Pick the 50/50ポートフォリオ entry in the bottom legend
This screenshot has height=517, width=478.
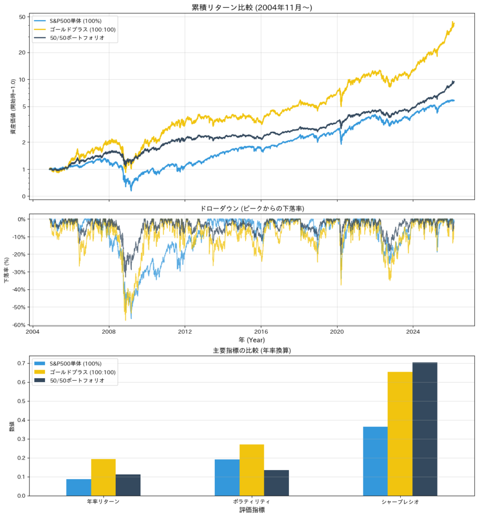[x=77, y=380]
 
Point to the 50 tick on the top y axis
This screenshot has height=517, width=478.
[x=22, y=17]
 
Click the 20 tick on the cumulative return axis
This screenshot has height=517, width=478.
[x=22, y=53]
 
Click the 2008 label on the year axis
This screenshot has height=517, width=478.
[x=109, y=332]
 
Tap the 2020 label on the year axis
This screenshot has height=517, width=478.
[x=337, y=332]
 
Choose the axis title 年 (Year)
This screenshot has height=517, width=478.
[x=251, y=340]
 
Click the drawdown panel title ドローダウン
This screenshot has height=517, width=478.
[x=251, y=209]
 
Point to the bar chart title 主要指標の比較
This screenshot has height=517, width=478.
[x=251, y=350]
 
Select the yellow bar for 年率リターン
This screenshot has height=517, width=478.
[x=103, y=477]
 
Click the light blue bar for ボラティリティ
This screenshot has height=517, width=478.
[x=227, y=477]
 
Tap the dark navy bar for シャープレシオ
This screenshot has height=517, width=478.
[x=424, y=429]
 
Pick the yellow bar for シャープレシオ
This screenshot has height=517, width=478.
[x=400, y=434]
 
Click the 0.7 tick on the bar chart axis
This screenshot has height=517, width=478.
[x=22, y=364]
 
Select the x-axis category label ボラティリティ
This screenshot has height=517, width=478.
[x=251, y=502]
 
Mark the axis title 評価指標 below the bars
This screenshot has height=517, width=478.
[x=251, y=510]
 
